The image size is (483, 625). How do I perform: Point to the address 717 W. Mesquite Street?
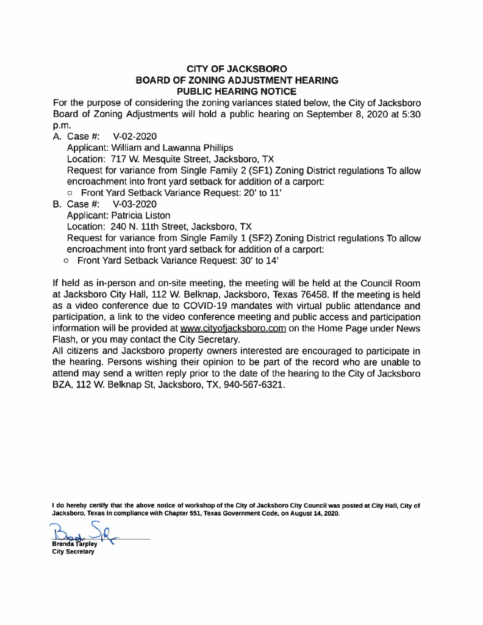click(164, 159)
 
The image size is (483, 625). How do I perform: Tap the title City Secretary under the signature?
click(73, 552)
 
